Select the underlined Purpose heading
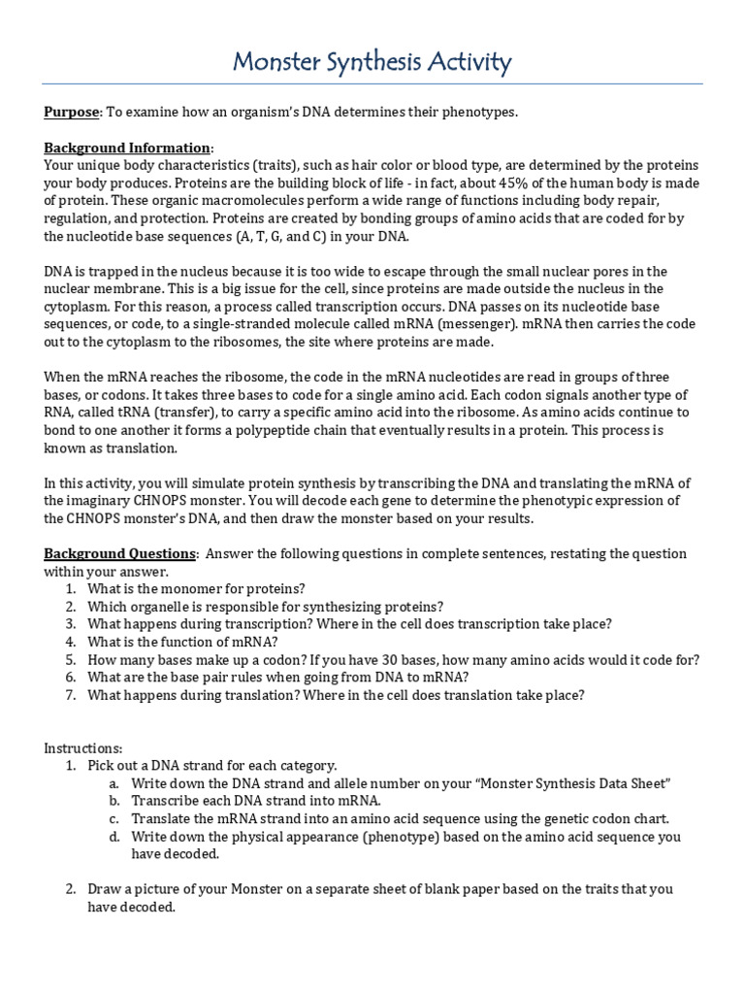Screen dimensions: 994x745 click(x=72, y=113)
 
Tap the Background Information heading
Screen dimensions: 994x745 click(x=127, y=148)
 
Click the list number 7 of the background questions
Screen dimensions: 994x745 click(x=71, y=695)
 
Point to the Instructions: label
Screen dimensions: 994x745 click(x=83, y=748)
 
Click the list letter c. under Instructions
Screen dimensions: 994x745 click(x=113, y=818)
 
